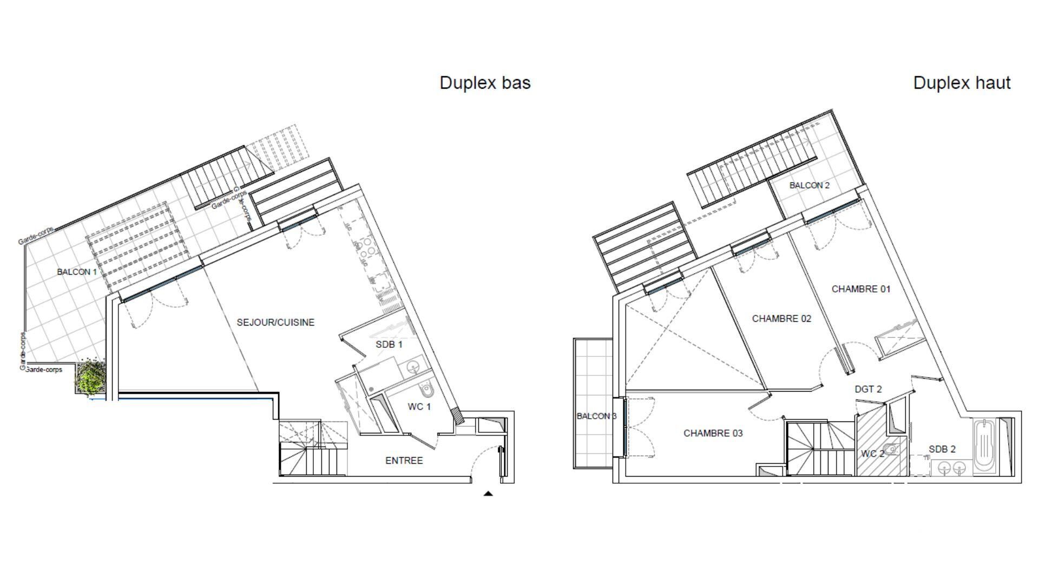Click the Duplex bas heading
485,83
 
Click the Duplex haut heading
962,83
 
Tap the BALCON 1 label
77,272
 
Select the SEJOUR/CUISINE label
275,322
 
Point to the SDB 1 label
389,344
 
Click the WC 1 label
419,407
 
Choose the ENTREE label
404,460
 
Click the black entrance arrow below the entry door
488,493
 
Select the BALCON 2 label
809,185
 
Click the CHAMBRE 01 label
861,289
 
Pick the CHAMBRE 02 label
781,318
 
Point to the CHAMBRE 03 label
713,433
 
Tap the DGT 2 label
868,389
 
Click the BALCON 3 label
596,416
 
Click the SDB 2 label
942,449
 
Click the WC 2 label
872,453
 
